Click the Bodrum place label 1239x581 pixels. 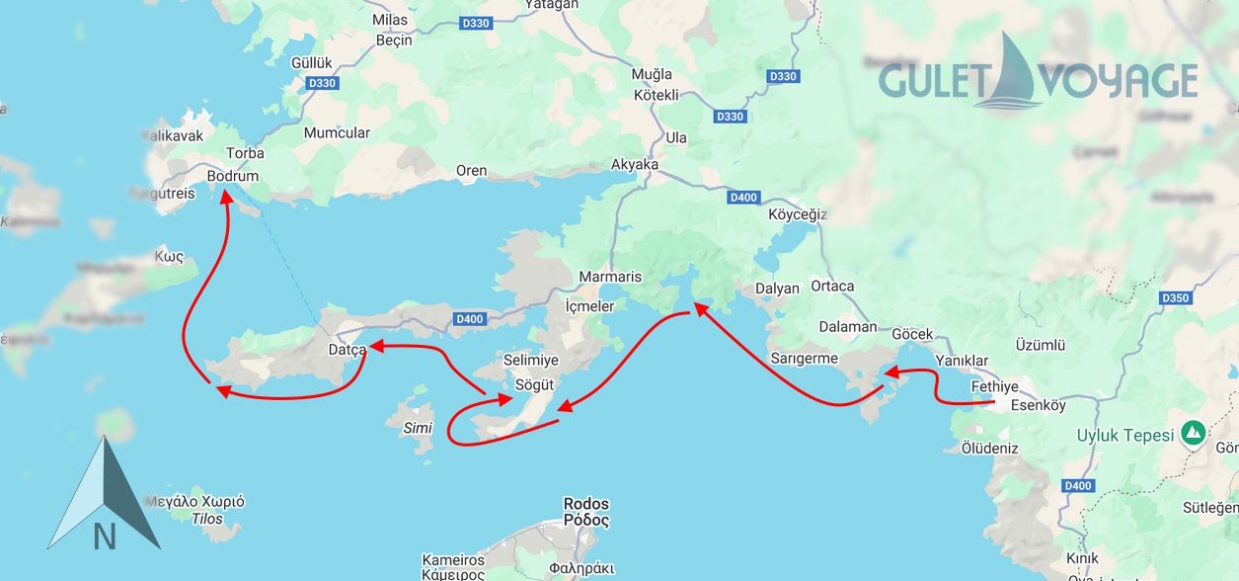233,176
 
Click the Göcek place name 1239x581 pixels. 911,335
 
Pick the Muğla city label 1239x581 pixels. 652,74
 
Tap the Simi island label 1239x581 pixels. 419,428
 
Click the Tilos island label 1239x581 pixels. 206,519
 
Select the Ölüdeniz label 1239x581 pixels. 989,448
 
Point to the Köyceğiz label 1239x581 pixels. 797,214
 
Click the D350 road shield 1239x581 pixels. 1176,298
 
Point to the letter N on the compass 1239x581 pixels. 105,537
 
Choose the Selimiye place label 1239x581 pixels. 530,361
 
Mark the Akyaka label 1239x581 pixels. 635,164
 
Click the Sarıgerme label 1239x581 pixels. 804,358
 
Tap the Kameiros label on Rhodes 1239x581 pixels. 453,559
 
